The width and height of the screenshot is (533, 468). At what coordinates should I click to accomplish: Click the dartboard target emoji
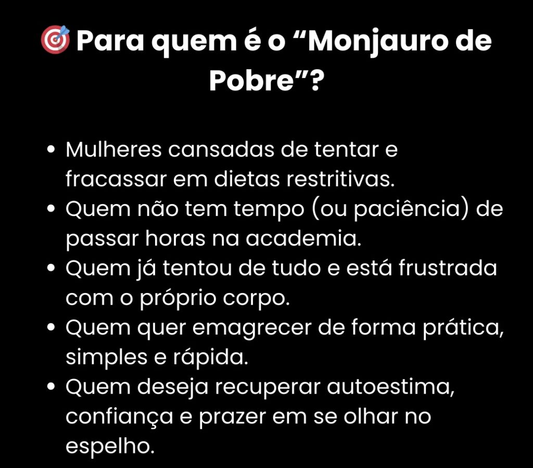[55, 40]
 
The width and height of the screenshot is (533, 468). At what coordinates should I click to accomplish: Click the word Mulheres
[113, 149]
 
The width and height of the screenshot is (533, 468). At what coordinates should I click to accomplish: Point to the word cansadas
[221, 149]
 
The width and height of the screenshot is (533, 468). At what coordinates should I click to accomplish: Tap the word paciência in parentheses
[407, 210]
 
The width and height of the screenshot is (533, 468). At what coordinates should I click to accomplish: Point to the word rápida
[210, 358]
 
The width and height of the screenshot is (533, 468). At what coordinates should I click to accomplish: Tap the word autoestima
[390, 387]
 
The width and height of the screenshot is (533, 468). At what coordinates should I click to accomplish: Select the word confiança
[119, 418]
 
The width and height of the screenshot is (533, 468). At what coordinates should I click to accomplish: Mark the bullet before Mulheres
[52, 149]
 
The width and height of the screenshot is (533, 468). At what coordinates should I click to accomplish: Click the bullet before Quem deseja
[52, 387]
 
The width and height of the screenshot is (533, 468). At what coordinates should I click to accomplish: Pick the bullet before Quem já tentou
[52, 268]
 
